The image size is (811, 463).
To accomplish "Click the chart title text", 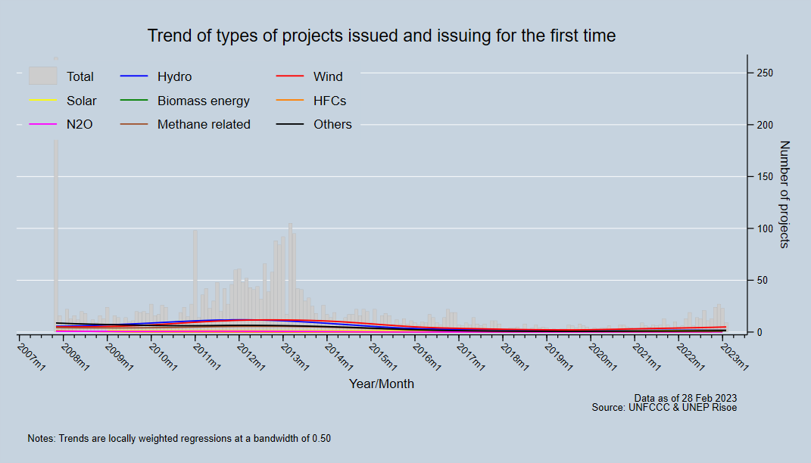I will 381,36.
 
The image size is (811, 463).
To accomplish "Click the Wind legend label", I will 328,76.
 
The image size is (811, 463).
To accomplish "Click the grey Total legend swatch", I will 43,76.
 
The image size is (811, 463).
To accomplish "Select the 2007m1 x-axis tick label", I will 31,356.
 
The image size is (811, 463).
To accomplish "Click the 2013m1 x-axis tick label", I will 295,356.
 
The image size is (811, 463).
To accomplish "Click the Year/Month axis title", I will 381,384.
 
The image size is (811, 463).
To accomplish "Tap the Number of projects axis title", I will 784,194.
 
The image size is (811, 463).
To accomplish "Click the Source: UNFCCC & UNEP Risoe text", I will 664,407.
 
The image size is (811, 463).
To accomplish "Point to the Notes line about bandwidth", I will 179,438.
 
